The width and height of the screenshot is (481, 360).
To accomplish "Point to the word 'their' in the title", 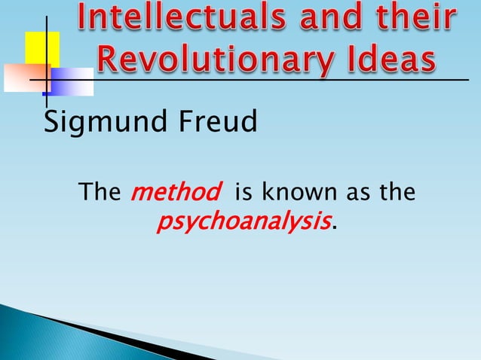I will tap(411, 23).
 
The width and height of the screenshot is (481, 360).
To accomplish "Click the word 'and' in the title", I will tap(323, 23).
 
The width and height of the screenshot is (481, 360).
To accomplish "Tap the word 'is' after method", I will tap(244, 193).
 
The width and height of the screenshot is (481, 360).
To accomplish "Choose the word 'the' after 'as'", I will tap(397, 193).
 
